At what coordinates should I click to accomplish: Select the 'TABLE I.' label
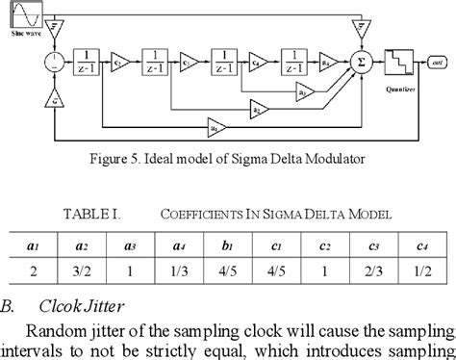point(89,216)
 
